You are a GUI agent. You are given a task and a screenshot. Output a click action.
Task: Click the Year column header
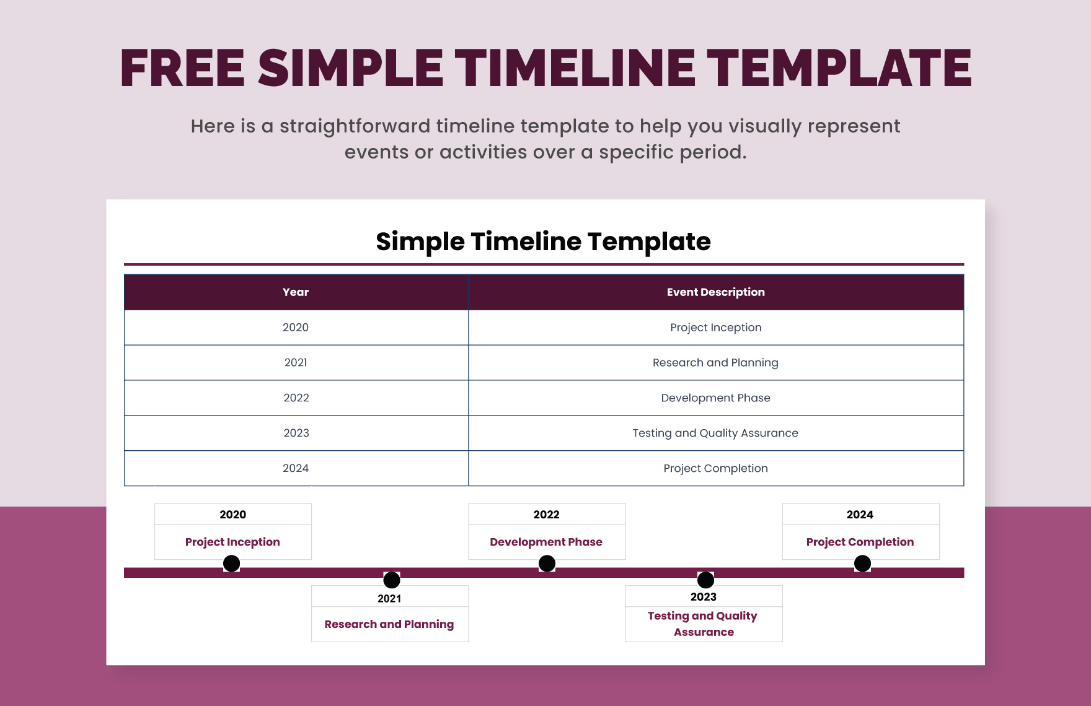[296, 292]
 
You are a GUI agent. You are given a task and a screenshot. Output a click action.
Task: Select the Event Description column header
[715, 292]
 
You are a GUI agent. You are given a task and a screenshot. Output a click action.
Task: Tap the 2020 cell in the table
[296, 328]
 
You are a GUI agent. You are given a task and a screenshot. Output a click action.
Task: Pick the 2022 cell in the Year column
[296, 398]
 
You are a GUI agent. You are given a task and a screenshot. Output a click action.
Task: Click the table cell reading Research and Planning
[715, 363]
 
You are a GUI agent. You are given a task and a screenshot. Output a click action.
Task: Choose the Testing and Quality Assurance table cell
[715, 433]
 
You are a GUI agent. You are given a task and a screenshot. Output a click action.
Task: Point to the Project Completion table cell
[715, 468]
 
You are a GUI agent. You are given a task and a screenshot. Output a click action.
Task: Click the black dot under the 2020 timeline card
[231, 564]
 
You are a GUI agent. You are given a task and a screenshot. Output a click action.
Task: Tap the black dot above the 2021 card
[392, 580]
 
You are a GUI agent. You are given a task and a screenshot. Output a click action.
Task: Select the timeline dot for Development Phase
[547, 564]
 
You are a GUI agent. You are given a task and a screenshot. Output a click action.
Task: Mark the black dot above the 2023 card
[705, 580]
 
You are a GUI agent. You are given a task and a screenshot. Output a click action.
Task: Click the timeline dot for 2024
[862, 564]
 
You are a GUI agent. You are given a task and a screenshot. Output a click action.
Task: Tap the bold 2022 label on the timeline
[546, 515]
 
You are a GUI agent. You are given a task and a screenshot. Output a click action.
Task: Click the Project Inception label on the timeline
[232, 542]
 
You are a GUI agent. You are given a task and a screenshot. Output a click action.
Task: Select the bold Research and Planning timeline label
[389, 624]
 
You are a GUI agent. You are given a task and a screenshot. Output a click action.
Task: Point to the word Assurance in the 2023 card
[704, 632]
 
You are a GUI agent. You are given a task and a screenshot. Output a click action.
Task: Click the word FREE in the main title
[182, 68]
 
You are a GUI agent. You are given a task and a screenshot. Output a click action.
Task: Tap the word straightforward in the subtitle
[355, 126]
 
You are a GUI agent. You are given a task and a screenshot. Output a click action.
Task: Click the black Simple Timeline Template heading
[543, 242]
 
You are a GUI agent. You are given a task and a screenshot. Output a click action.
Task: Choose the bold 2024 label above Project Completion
[860, 515]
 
